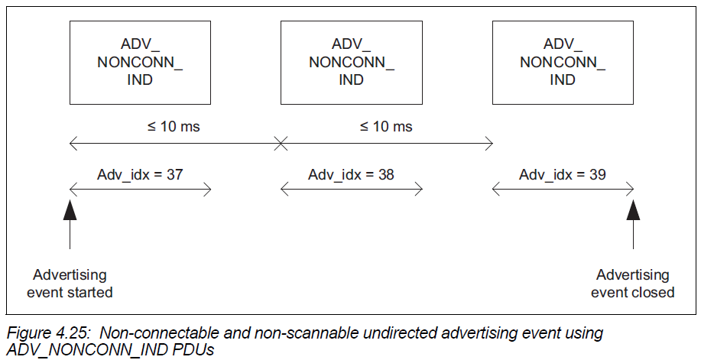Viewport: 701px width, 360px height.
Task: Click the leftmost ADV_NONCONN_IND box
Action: (140, 62)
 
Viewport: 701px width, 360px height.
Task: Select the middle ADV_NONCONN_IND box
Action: (352, 62)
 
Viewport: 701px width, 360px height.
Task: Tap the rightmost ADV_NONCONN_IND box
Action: (563, 62)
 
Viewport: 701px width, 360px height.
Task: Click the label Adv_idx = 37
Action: (141, 174)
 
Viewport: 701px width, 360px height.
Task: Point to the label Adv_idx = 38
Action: (352, 174)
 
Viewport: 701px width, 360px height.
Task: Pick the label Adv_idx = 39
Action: (563, 174)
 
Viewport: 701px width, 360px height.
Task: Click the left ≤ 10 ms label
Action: (174, 126)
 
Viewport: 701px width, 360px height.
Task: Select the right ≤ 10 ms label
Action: (386, 126)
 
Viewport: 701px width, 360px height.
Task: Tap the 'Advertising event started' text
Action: (70, 283)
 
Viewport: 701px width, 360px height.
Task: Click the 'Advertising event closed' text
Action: (633, 283)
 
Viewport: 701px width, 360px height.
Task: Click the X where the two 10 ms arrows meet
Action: (281, 142)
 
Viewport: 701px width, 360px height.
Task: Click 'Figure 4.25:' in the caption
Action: (49, 333)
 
